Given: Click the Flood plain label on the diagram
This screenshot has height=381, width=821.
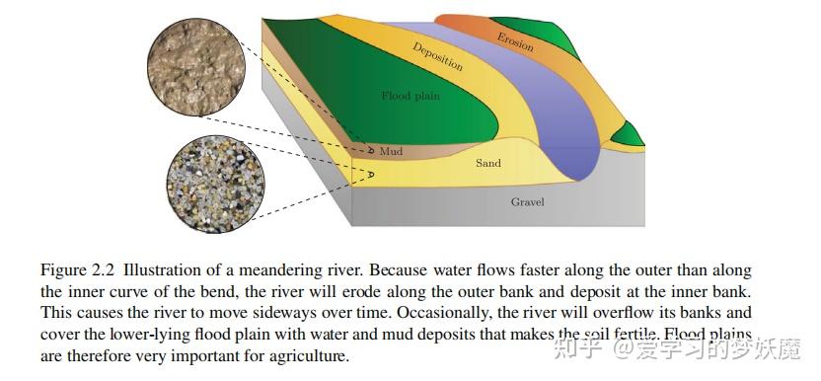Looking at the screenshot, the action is [410, 96].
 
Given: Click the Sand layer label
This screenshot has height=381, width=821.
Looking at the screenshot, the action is [488, 163].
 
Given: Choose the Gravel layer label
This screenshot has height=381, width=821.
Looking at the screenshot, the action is [527, 202].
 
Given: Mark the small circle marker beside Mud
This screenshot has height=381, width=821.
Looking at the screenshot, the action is [370, 152].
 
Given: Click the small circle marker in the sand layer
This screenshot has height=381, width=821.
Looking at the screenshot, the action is [372, 175].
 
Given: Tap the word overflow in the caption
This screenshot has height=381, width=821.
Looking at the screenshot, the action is [578, 313].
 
